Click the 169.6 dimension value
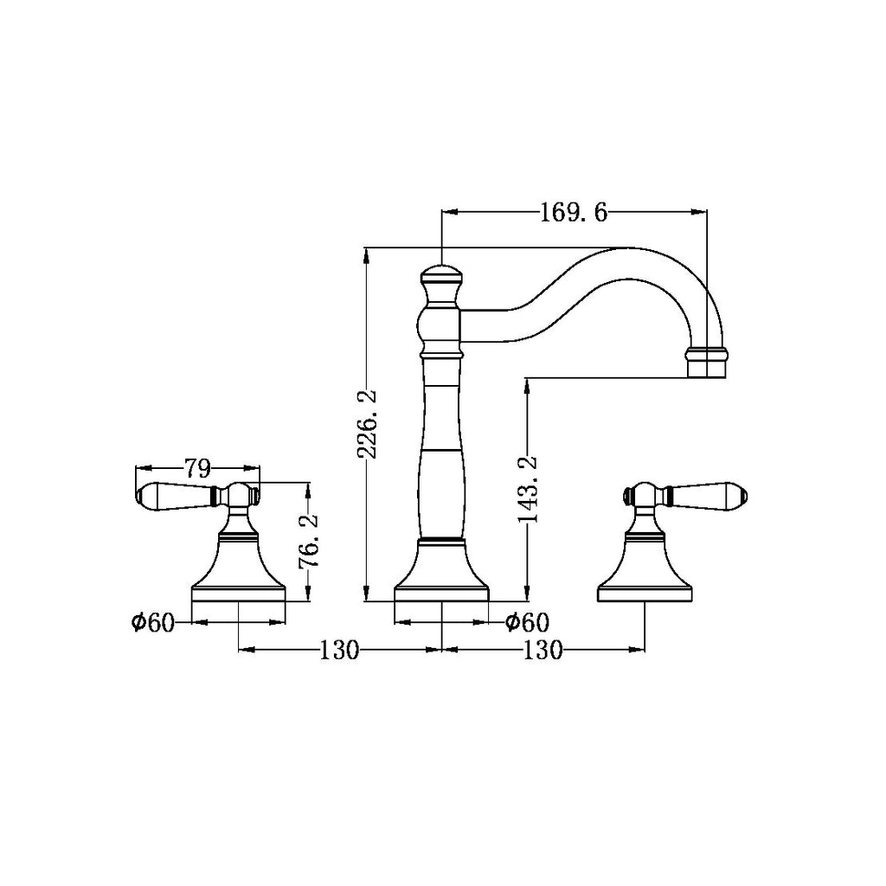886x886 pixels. [574, 214]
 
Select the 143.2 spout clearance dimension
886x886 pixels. [529, 489]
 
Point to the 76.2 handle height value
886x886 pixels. [309, 541]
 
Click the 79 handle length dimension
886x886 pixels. [198, 468]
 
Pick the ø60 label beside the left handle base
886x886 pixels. [153, 623]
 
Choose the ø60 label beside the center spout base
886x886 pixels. [527, 623]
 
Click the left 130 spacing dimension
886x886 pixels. [339, 651]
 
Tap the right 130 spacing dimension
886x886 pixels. [543, 651]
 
